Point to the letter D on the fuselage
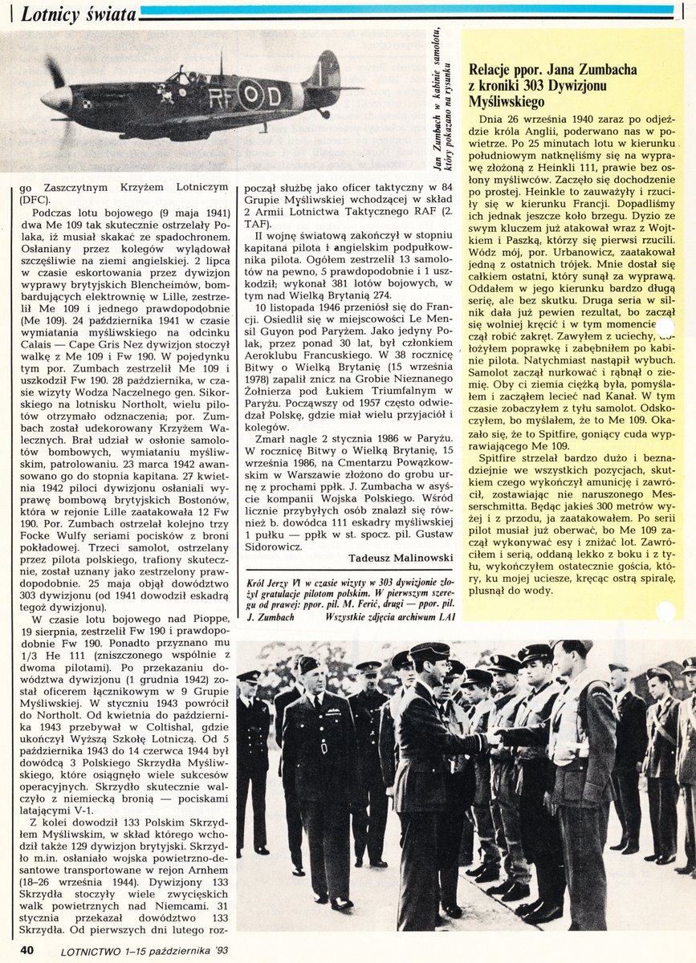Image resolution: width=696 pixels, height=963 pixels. pyautogui.click(x=274, y=98)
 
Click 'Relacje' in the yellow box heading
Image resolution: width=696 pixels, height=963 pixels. pyautogui.click(x=495, y=70)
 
